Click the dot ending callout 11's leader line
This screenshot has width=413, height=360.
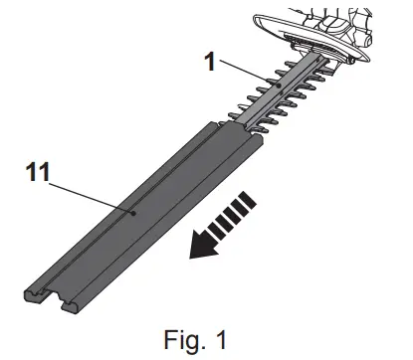(133, 211)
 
